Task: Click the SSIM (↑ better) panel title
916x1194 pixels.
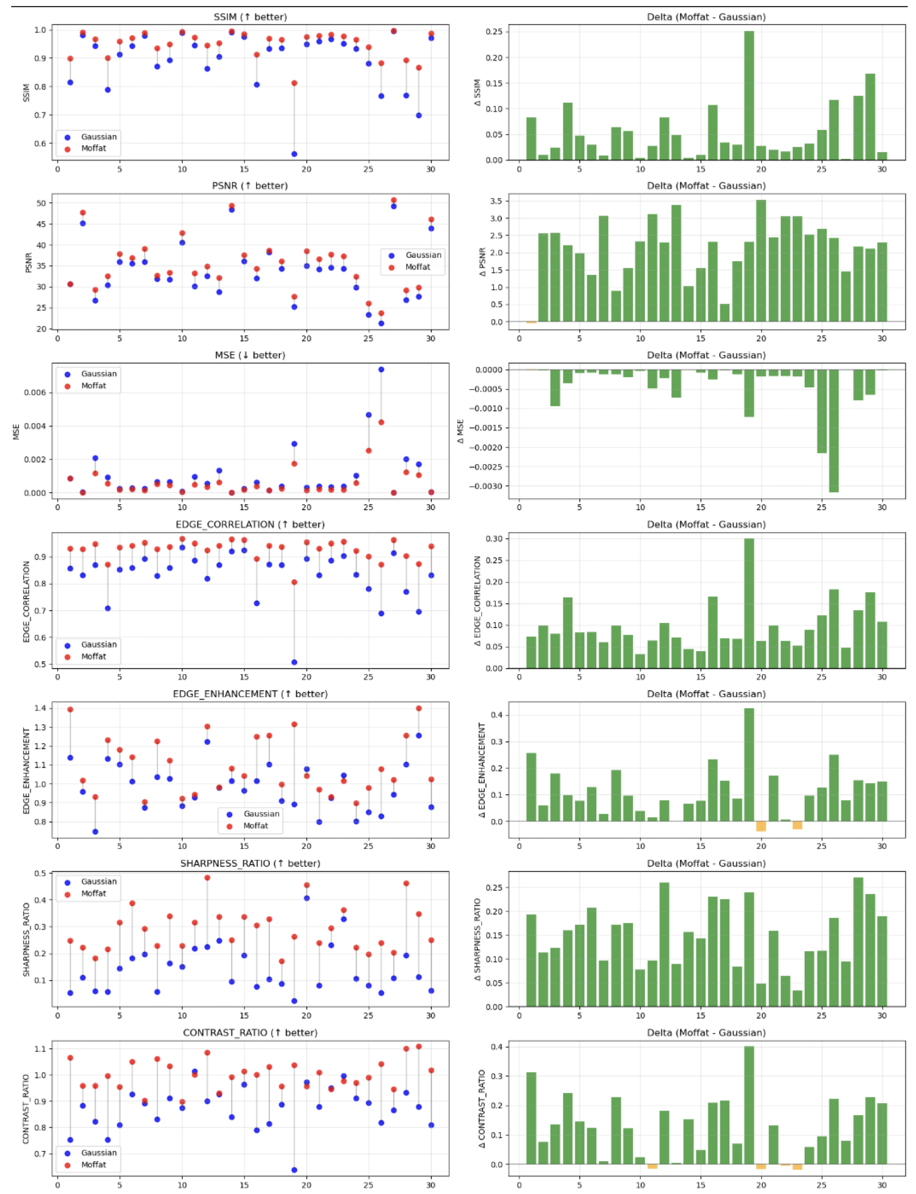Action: click(250, 17)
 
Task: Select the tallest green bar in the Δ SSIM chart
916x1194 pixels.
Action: click(749, 95)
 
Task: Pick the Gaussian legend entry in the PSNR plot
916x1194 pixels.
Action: click(422, 255)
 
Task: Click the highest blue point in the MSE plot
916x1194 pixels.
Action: click(381, 370)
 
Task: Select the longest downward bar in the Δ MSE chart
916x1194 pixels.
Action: click(834, 431)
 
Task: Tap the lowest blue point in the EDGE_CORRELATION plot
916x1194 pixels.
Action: click(294, 662)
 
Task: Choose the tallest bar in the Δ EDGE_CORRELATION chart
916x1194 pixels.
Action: click(749, 603)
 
